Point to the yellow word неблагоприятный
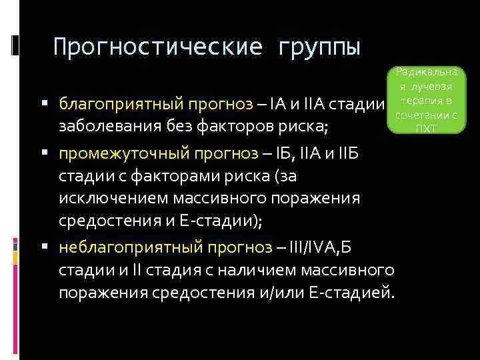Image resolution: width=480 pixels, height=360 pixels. (x=113, y=249)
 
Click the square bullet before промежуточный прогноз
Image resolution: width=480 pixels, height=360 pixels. (x=44, y=153)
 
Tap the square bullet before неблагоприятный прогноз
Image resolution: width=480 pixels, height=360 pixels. (x=44, y=248)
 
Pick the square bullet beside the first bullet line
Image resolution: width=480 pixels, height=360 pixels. (x=44, y=104)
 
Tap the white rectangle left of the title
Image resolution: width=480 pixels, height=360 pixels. (x=15, y=44)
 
